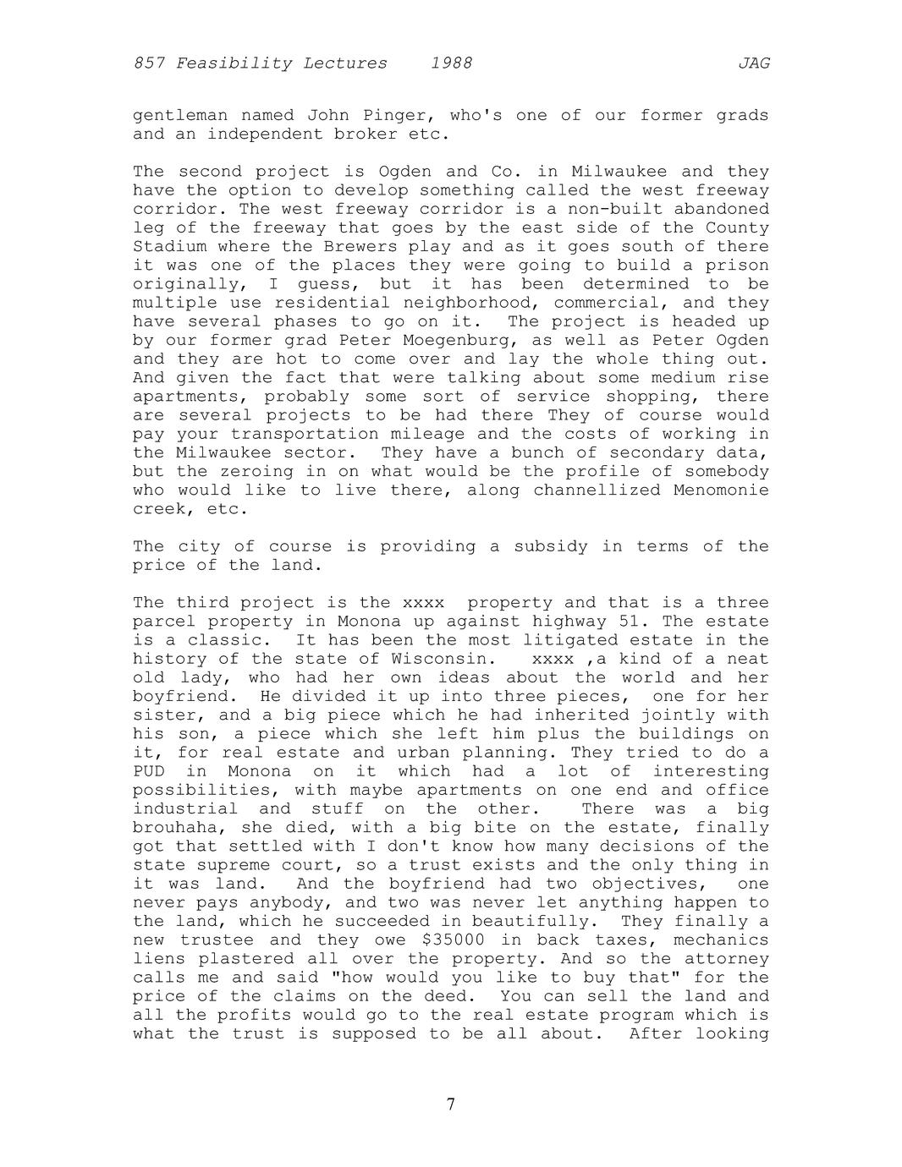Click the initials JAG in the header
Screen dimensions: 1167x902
753,63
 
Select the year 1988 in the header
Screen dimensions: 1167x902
451,63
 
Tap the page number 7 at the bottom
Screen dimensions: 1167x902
451,1104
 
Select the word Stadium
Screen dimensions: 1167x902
169,247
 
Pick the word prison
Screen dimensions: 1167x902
736,266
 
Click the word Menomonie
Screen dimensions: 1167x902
721,490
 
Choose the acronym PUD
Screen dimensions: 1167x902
149,771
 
